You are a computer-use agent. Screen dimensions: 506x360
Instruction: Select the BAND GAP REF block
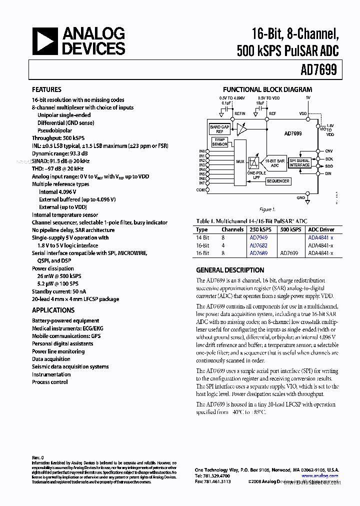coord(219,129)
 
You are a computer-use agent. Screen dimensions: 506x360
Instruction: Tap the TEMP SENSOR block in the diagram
coord(219,142)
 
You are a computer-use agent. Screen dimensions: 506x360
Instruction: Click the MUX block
coord(240,161)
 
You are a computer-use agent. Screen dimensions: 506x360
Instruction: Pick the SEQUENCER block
coord(277,181)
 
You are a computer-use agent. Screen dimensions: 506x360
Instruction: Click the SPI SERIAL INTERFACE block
coord(299,162)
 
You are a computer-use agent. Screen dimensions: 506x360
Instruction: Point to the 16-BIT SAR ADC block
coord(275,162)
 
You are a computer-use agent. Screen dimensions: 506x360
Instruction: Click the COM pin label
coord(201,190)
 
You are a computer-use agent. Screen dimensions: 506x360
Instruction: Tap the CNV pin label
coord(328,151)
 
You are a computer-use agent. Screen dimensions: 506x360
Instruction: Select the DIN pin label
coord(328,173)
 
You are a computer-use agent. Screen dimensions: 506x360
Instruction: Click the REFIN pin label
coord(240,114)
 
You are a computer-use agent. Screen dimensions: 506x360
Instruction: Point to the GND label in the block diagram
coord(300,198)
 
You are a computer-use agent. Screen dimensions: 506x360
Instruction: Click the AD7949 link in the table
coord(258,237)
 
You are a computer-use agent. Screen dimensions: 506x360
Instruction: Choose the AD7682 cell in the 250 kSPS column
coord(258,245)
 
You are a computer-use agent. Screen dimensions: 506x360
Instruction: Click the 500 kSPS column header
coord(290,229)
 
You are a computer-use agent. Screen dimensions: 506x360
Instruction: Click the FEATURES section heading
coord(46,89)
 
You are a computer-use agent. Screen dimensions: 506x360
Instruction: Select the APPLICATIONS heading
coord(53,310)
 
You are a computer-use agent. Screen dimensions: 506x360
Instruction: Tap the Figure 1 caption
coord(267,209)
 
